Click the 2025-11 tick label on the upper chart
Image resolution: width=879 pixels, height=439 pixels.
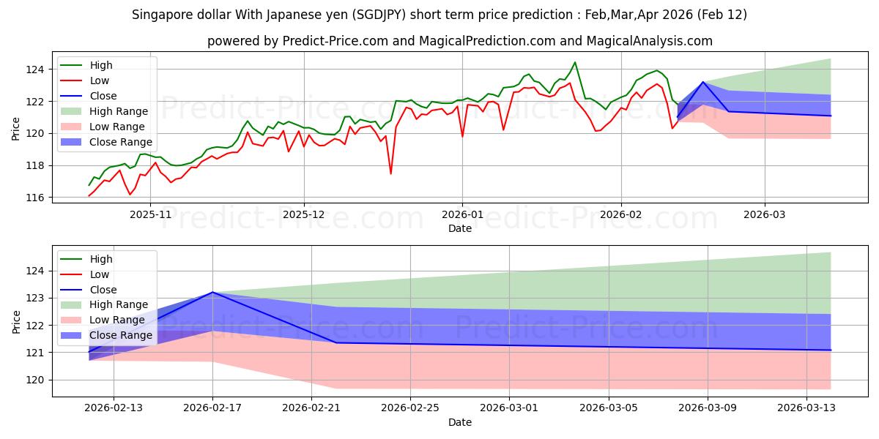(x=150, y=215)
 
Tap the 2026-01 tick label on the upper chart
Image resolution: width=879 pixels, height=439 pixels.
(x=462, y=215)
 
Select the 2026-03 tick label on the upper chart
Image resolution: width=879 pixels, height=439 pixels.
(x=765, y=215)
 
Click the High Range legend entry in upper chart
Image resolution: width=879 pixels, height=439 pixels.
(x=118, y=111)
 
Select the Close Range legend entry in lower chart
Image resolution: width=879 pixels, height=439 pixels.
(x=121, y=335)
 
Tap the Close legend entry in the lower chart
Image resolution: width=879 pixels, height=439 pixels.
(x=103, y=290)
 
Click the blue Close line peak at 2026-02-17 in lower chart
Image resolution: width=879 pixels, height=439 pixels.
(x=212, y=292)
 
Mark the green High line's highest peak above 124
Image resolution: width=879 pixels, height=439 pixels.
(x=574, y=62)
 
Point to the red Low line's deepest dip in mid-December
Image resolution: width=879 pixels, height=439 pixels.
(x=390, y=173)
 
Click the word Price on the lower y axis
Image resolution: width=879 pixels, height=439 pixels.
(x=17, y=321)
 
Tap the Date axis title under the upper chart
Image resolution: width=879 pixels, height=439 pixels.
(x=459, y=228)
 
